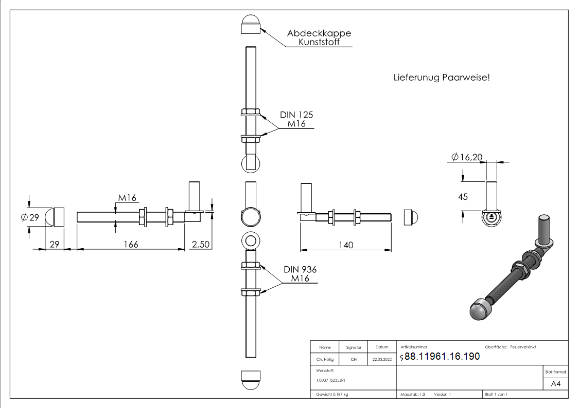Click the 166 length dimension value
click(x=131, y=244)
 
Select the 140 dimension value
click(x=346, y=245)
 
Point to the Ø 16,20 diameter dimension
click(x=467, y=157)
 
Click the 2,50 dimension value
click(x=200, y=244)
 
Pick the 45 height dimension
click(x=463, y=197)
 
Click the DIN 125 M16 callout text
click(x=296, y=119)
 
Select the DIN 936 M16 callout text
click(x=300, y=274)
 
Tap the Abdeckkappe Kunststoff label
click(x=319, y=38)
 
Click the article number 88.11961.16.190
click(x=442, y=357)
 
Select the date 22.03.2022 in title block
click(x=382, y=360)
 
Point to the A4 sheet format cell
click(x=556, y=383)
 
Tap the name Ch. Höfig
click(x=325, y=360)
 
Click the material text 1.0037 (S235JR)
click(x=330, y=380)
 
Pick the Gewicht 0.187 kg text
click(x=332, y=394)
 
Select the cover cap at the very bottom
click(x=251, y=380)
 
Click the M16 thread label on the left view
click(x=127, y=198)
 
